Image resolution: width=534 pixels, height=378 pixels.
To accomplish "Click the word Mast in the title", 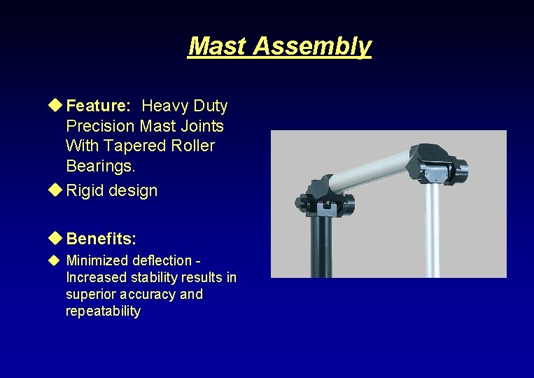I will [218, 46].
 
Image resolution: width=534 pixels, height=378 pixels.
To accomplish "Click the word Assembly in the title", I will [312, 46].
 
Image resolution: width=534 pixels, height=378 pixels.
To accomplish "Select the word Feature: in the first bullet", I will [98, 106].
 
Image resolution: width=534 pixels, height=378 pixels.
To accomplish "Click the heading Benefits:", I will [101, 239].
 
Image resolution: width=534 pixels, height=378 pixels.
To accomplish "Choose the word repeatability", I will [103, 311].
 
